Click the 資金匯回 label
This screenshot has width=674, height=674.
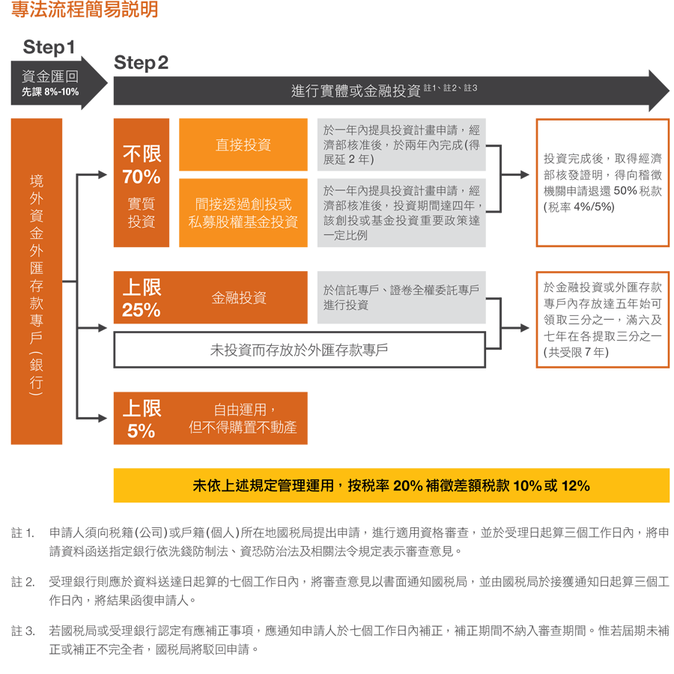[x=50, y=76]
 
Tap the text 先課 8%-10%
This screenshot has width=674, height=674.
[x=50, y=92]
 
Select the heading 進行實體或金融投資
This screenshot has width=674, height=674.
[x=356, y=91]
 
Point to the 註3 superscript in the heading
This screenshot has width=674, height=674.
[x=470, y=88]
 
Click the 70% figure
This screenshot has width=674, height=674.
[x=141, y=177]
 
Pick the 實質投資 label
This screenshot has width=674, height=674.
[x=141, y=213]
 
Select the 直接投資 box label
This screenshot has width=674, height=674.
[x=243, y=145]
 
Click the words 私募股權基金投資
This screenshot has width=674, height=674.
[x=243, y=222]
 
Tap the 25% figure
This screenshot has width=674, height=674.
[x=141, y=310]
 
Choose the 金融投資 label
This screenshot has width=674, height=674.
[x=239, y=298]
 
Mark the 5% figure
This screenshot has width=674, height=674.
[x=141, y=431]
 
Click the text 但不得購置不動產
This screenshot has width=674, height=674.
[x=243, y=428]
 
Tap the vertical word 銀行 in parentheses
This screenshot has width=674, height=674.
[x=36, y=372]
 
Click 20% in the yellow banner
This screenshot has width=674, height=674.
[x=407, y=486]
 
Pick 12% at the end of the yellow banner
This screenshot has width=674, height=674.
[x=575, y=486]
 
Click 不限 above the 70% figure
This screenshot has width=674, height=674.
[x=142, y=154]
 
